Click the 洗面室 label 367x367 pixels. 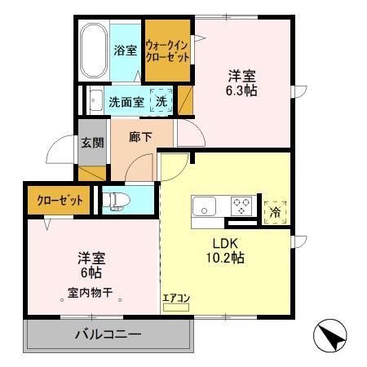click(126, 102)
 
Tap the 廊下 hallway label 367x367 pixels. click(140, 138)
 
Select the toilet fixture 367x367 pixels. click(119, 199)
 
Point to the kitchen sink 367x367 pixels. click(203, 206)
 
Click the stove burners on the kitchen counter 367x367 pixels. click(242, 206)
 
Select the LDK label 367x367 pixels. click(226, 242)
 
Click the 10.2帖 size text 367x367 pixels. click(226, 258)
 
